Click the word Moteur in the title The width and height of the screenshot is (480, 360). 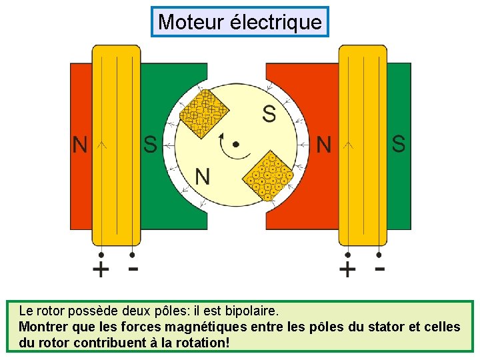coord(191,22)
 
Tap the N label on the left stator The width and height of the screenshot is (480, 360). coord(80,145)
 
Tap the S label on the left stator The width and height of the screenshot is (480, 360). coord(150,145)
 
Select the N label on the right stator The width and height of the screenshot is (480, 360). coord(324,145)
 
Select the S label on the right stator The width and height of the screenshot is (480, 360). coord(398,144)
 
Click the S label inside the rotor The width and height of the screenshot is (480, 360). coord(269,114)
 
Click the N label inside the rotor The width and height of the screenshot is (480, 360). coord(203,177)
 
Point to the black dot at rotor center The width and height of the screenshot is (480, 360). coord(235,143)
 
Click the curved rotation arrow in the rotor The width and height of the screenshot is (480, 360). coord(231,155)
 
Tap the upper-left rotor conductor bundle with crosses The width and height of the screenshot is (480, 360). coord(205,114)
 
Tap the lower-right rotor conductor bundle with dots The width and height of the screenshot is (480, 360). coord(267,176)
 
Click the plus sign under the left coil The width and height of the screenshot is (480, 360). coord(100,270)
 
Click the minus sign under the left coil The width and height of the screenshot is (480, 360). coord(133,269)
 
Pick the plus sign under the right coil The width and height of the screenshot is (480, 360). coord(347,270)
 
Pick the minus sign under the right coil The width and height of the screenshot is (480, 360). coord(379,269)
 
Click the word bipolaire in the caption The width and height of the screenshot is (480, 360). coord(250,311)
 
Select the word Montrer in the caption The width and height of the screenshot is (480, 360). coord(43,327)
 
